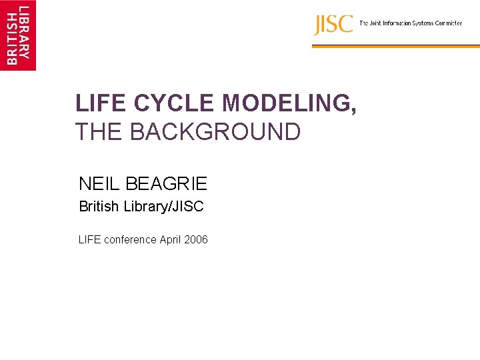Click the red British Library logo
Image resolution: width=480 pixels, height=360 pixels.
click(18, 35)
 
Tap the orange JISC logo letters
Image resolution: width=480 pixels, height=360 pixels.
click(333, 25)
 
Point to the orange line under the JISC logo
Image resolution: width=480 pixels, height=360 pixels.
click(395, 46)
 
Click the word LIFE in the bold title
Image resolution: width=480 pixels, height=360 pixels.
click(101, 103)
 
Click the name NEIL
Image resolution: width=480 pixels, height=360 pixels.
click(97, 183)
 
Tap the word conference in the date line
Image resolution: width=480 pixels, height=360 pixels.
click(129, 239)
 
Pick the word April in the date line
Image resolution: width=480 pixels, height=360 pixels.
click(171, 239)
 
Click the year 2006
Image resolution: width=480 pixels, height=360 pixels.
click(197, 239)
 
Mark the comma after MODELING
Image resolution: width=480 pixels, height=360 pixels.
click(353, 111)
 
